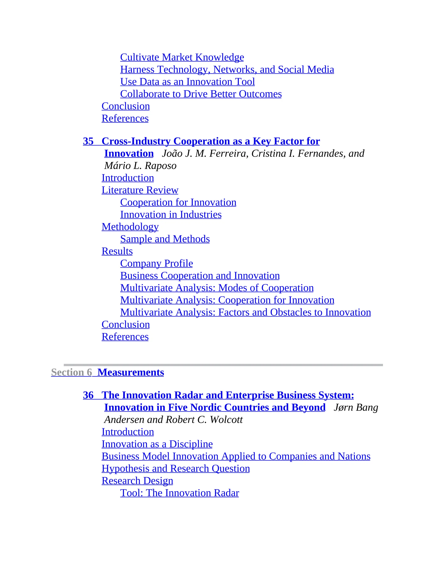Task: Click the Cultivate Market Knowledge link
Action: click(x=182, y=57)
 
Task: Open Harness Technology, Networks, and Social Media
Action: click(x=227, y=70)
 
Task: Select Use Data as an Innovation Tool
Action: click(x=187, y=82)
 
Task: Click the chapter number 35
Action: click(x=88, y=141)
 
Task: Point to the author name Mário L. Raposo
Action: click(x=140, y=166)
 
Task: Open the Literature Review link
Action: click(x=140, y=190)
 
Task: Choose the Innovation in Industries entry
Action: click(x=171, y=214)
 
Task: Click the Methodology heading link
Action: click(x=130, y=227)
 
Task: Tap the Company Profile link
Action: click(x=156, y=263)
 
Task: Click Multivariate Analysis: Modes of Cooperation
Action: click(x=217, y=288)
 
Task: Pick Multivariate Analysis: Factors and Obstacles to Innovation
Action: click(x=245, y=312)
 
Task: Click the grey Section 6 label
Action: click(x=71, y=372)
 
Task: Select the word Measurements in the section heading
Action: click(x=131, y=372)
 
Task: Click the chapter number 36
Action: click(x=88, y=395)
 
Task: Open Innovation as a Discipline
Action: click(x=157, y=444)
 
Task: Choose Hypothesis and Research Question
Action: click(x=176, y=468)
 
